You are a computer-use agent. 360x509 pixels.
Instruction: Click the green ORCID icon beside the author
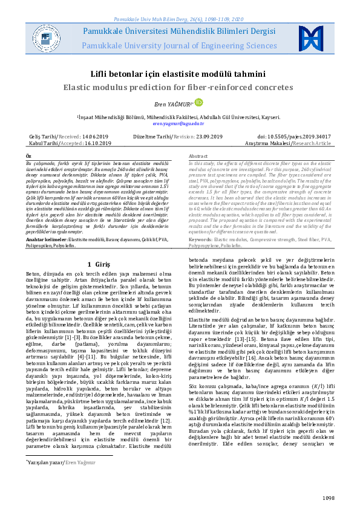197,102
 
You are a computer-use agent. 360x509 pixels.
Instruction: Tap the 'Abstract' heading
198,156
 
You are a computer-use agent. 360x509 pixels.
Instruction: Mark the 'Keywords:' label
201,239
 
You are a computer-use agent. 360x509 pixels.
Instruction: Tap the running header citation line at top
179,4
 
